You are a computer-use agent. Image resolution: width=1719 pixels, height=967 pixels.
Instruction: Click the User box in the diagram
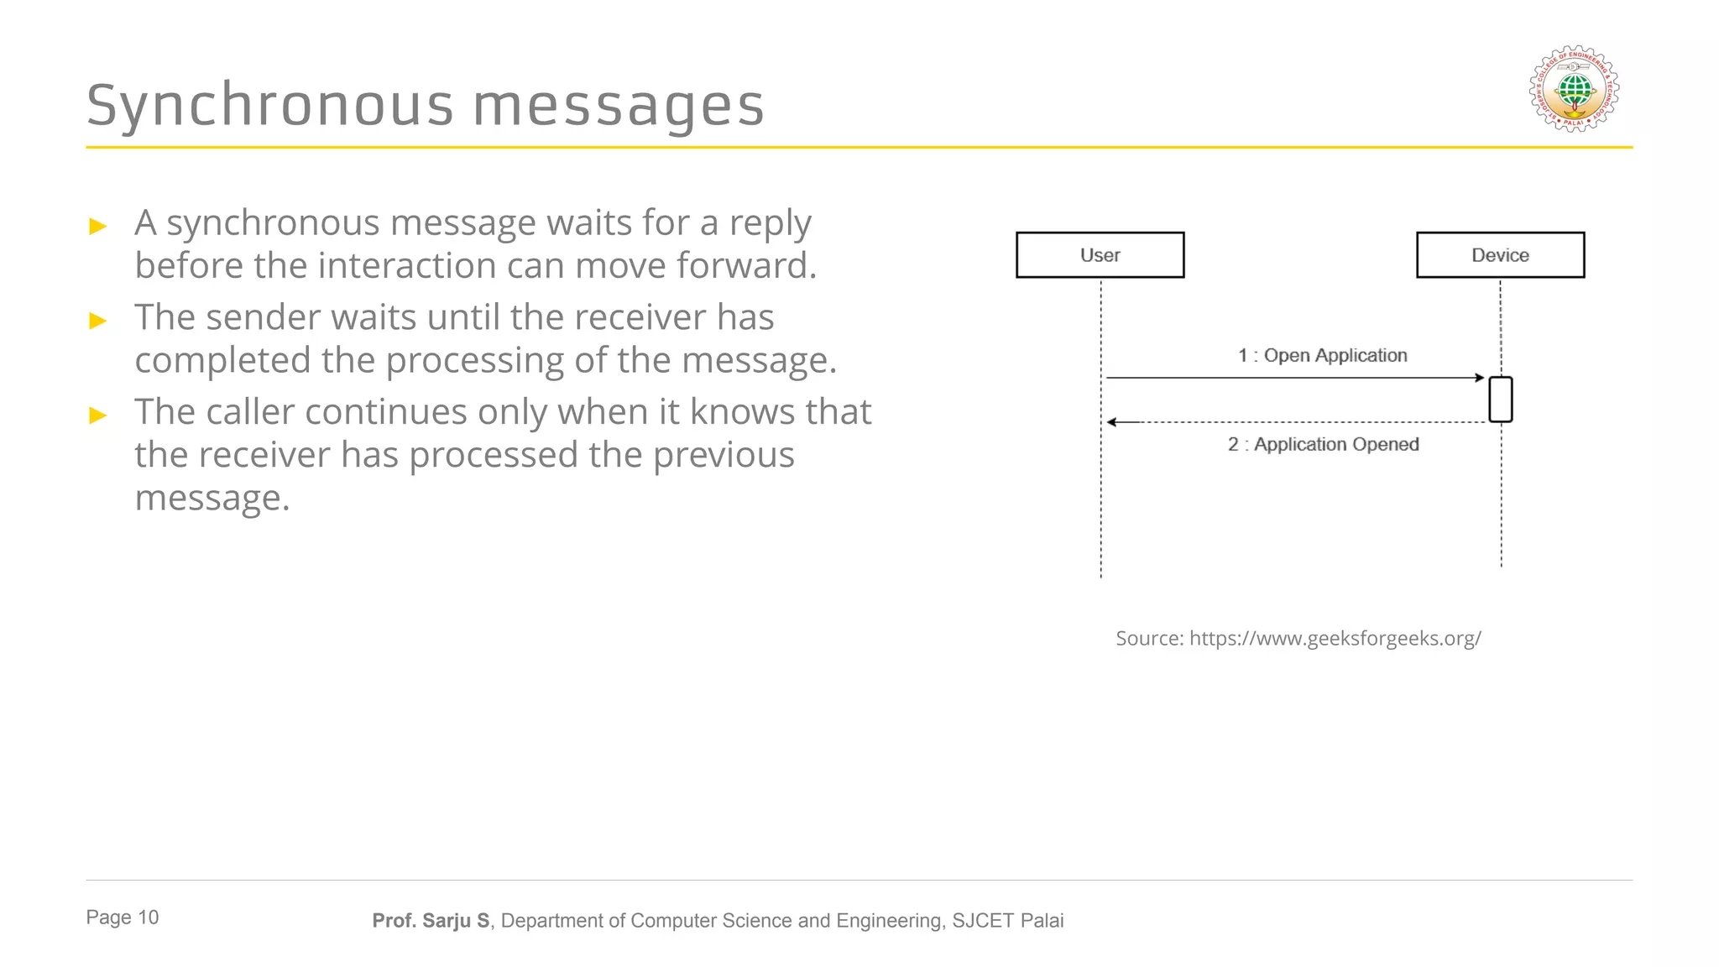(x=1100, y=255)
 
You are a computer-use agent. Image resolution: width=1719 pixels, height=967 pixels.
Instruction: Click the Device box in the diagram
(x=1500, y=255)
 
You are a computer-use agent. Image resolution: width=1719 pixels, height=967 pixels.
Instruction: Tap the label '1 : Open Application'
(x=1322, y=355)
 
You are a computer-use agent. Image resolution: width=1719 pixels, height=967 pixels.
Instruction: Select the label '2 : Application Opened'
(x=1323, y=444)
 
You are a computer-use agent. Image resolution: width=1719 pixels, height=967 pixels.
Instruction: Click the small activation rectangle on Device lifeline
(x=1500, y=400)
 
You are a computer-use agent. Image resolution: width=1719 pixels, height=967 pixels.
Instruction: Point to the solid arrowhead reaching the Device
(x=1480, y=378)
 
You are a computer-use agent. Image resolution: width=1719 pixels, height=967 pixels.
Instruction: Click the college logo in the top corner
(x=1574, y=89)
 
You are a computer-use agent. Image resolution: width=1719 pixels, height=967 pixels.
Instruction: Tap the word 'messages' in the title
(x=619, y=106)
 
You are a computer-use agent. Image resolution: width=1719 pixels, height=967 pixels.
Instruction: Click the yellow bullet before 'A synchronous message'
(x=98, y=226)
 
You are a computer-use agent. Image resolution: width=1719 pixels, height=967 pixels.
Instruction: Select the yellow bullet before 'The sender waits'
(x=98, y=321)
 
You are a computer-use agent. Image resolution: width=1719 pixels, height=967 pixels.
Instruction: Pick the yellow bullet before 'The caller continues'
(x=98, y=415)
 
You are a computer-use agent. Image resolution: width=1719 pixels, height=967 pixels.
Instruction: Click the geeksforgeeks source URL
(x=1335, y=638)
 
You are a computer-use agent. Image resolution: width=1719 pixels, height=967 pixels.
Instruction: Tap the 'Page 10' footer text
(x=123, y=917)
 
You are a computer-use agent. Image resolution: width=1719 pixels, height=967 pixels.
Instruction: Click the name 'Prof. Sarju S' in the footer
(x=431, y=921)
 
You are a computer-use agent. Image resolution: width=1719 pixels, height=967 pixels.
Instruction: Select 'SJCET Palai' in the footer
(x=1007, y=921)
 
